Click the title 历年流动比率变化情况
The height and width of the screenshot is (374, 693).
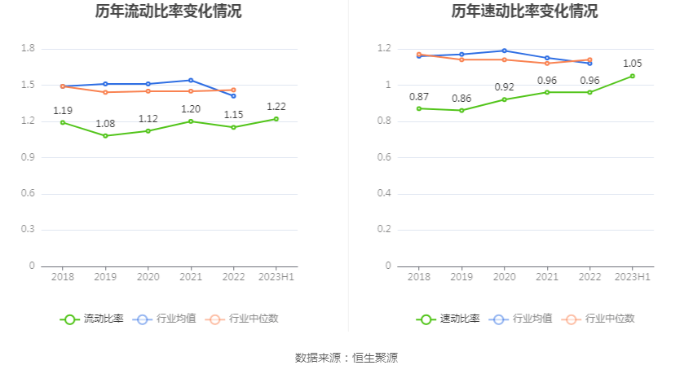pyautogui.click(x=168, y=11)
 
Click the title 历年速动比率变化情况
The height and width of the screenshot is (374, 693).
pyautogui.click(x=524, y=11)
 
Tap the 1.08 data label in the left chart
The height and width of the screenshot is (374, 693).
pyautogui.click(x=105, y=124)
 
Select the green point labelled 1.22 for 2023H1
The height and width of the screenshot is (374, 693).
pyautogui.click(x=276, y=119)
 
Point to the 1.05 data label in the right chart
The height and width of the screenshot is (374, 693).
pyautogui.click(x=633, y=64)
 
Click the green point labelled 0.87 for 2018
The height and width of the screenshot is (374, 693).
pyautogui.click(x=419, y=108)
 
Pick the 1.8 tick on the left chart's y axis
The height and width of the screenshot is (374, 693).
pyautogui.click(x=28, y=49)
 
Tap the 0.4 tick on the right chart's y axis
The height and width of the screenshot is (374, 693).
pyautogui.click(x=384, y=194)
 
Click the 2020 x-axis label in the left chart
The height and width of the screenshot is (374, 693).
pyautogui.click(x=148, y=277)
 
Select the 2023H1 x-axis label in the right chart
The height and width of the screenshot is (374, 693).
pyautogui.click(x=633, y=277)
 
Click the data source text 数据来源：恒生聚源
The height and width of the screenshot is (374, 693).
pyautogui.click(x=346, y=358)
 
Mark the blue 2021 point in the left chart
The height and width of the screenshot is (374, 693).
pyautogui.click(x=191, y=80)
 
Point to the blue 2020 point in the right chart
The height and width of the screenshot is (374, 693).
pyautogui.click(x=504, y=51)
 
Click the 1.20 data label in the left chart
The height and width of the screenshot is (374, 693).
pyautogui.click(x=191, y=109)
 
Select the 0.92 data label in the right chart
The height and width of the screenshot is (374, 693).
pyautogui.click(x=504, y=87)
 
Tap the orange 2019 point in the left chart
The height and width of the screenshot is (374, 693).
pyautogui.click(x=105, y=92)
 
